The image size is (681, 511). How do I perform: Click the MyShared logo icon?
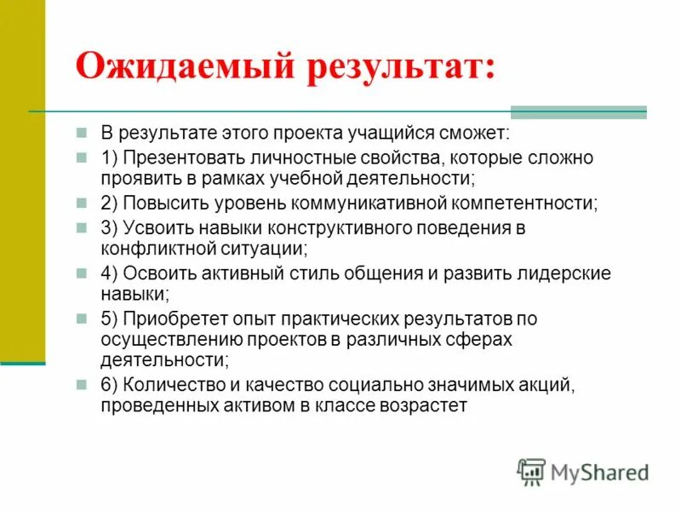[531, 472]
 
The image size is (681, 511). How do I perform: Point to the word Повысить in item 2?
[163, 204]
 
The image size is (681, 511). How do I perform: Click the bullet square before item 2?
[83, 204]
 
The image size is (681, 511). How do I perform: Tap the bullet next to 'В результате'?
[83, 135]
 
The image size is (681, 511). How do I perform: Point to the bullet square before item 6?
[83, 386]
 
